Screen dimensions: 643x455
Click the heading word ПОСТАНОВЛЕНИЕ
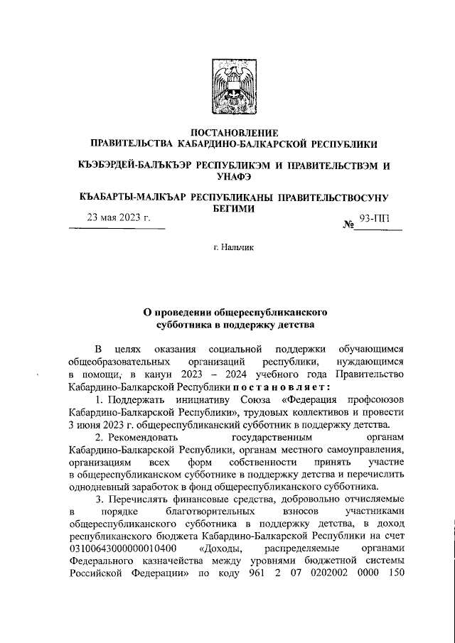point(227,132)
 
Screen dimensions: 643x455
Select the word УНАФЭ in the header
point(227,177)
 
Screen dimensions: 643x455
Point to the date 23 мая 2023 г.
point(119,219)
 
